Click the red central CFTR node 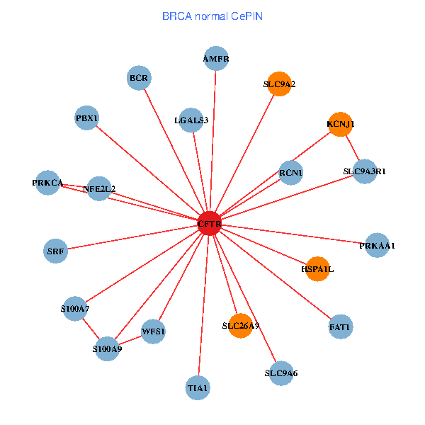210,224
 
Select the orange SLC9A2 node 280,84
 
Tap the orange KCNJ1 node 340,124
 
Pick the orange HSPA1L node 317,269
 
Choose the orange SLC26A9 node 241,326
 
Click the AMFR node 216,59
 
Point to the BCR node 139,77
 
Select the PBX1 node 87,118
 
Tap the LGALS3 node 191,120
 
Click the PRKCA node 48,183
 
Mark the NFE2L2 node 99,188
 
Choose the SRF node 55,251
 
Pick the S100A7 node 75,309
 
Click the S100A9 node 107,348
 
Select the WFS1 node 154,331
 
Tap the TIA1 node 198,388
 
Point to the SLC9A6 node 281,373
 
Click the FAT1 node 341,327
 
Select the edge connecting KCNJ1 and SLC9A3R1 352,147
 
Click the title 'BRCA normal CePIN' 212,15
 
